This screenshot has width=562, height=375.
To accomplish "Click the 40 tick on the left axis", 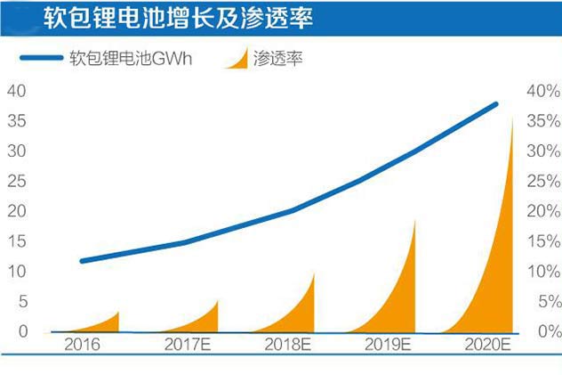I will pyautogui.click(x=18, y=91).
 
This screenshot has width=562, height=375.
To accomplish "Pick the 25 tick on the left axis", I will pyautogui.click(x=18, y=181).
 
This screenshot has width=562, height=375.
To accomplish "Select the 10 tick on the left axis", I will pyautogui.click(x=18, y=272).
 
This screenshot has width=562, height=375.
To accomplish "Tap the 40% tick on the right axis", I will pyautogui.click(x=542, y=91).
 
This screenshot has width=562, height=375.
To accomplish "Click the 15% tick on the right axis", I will pyautogui.click(x=542, y=241).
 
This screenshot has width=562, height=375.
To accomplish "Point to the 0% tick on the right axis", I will pyautogui.click(x=545, y=332).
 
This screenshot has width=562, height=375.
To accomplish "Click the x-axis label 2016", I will pyautogui.click(x=83, y=346).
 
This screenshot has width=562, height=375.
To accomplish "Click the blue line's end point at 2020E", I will pyautogui.click(x=495, y=104).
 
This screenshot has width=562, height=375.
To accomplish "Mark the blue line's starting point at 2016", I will pyautogui.click(x=83, y=261).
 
